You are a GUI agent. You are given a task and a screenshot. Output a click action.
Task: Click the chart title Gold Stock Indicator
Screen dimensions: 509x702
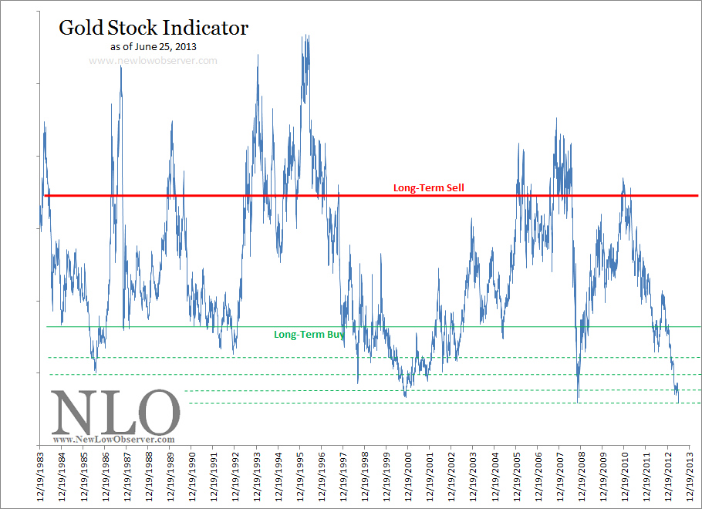tap(154, 29)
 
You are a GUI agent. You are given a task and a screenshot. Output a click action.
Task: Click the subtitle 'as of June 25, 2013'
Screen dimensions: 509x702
tap(153, 47)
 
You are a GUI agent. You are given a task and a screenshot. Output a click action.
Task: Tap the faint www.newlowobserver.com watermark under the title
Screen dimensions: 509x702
tap(153, 59)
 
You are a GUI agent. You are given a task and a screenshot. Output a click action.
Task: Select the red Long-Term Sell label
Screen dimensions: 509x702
tap(428, 187)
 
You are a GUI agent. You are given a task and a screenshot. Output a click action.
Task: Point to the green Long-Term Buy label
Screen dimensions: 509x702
tap(309, 335)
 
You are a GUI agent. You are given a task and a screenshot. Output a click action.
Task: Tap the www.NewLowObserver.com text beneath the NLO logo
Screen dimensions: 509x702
tap(113, 439)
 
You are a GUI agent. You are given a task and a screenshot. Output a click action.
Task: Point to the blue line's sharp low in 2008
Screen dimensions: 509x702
tap(578, 400)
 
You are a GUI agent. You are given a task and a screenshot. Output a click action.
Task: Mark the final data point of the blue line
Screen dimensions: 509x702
tap(679, 400)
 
